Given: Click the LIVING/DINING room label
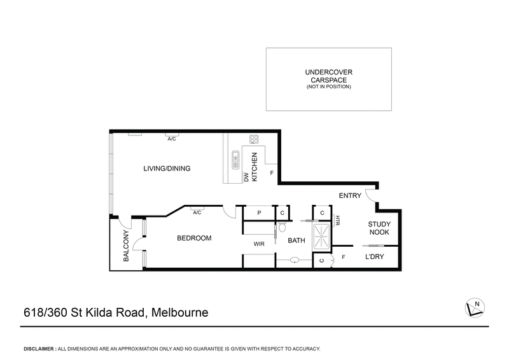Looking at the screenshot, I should click(167, 169).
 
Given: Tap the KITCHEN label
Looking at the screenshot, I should click(254, 168).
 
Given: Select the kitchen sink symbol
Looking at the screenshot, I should click(235, 158).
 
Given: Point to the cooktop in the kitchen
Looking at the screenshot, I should click(254, 139).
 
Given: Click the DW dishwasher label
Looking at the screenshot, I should click(246, 177).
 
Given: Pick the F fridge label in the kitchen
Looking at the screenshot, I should click(272, 173).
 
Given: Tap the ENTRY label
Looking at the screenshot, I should click(350, 196).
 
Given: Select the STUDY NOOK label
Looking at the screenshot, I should click(380, 228).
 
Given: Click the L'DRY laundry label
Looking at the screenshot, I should click(373, 258).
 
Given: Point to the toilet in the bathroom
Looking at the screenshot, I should click(282, 227).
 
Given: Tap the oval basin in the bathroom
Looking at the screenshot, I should click(294, 260).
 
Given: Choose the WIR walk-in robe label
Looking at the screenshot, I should click(259, 243).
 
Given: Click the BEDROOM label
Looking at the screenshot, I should click(193, 239).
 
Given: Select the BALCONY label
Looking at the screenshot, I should click(127, 247).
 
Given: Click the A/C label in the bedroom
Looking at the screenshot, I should click(197, 212).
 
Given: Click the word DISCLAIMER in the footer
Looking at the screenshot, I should click(39, 349).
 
